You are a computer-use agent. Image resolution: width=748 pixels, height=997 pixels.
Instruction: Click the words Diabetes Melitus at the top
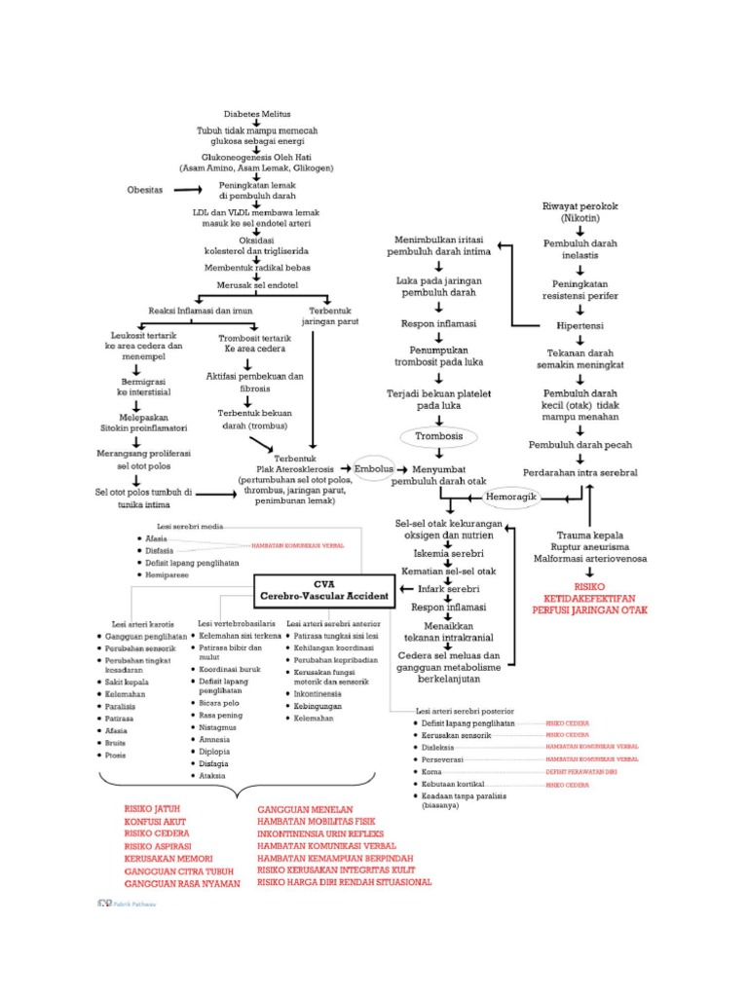257,114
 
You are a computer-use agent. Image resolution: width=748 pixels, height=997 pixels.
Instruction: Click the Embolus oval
374,466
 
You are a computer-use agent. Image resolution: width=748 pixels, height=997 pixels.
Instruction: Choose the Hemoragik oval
511,497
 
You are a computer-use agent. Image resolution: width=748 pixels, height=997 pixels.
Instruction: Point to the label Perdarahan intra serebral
580,472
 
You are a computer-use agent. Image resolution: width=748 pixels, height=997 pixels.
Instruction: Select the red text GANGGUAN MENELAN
305,809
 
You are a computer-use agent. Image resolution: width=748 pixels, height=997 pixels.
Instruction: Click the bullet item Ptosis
117,755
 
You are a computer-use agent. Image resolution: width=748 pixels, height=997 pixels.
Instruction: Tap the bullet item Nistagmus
215,725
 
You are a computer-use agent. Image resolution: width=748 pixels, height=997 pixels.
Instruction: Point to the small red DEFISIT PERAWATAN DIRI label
580,770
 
